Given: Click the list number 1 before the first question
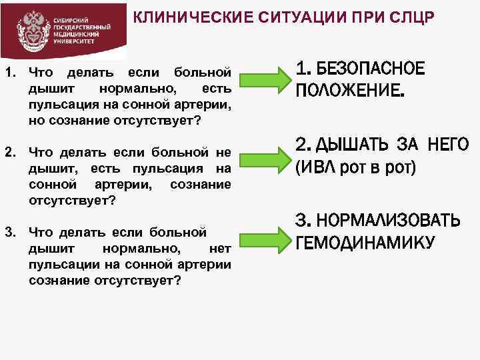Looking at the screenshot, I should [9, 71].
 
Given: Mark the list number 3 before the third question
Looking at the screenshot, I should [9, 232].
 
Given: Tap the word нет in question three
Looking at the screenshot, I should [219, 249].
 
